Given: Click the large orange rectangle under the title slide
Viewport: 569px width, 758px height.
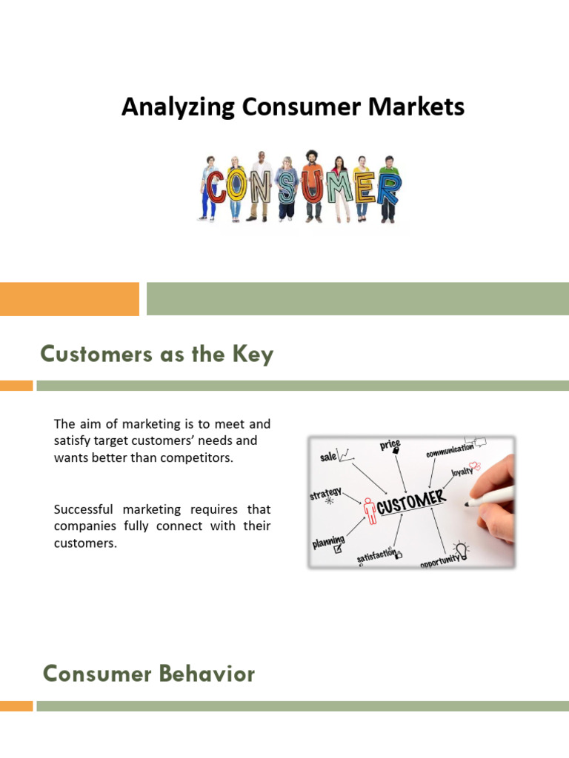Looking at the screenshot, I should click(69, 299).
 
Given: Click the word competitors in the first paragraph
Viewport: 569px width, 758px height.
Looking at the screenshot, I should click(202, 457).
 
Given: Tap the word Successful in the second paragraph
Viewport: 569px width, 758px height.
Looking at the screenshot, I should click(84, 509).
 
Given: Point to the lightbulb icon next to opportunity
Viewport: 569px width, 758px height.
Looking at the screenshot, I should click(462, 549).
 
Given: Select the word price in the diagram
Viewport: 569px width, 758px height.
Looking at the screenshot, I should click(390, 444).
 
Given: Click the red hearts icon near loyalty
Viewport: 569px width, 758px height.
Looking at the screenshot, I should click(476, 466).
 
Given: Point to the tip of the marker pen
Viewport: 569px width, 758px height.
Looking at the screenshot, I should click(467, 504).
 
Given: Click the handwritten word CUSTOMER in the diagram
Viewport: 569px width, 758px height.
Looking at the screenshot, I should click(411, 503).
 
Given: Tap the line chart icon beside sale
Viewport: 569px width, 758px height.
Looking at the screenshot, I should click(343, 452).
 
